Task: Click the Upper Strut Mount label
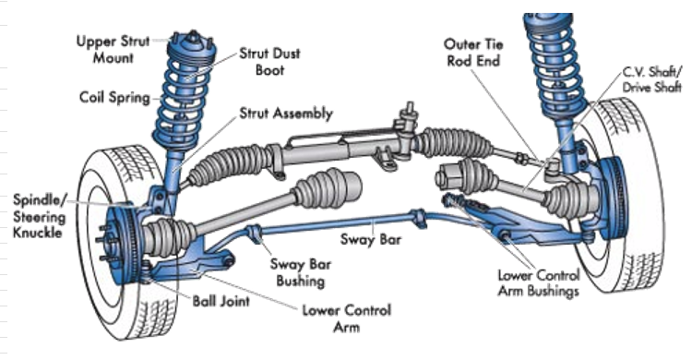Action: (x=113, y=50)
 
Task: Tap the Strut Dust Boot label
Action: (x=269, y=62)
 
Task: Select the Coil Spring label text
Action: (x=114, y=98)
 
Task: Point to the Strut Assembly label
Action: (x=285, y=114)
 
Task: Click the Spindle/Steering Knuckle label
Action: (x=40, y=216)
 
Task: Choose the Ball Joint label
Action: (x=221, y=301)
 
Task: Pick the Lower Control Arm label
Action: (x=346, y=318)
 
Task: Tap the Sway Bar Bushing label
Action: (x=300, y=272)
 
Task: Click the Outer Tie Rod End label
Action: (x=473, y=52)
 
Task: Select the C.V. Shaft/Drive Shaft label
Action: (x=651, y=79)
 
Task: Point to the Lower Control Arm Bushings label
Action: (x=539, y=283)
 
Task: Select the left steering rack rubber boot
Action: (x=230, y=164)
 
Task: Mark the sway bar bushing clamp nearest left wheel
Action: (x=255, y=234)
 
